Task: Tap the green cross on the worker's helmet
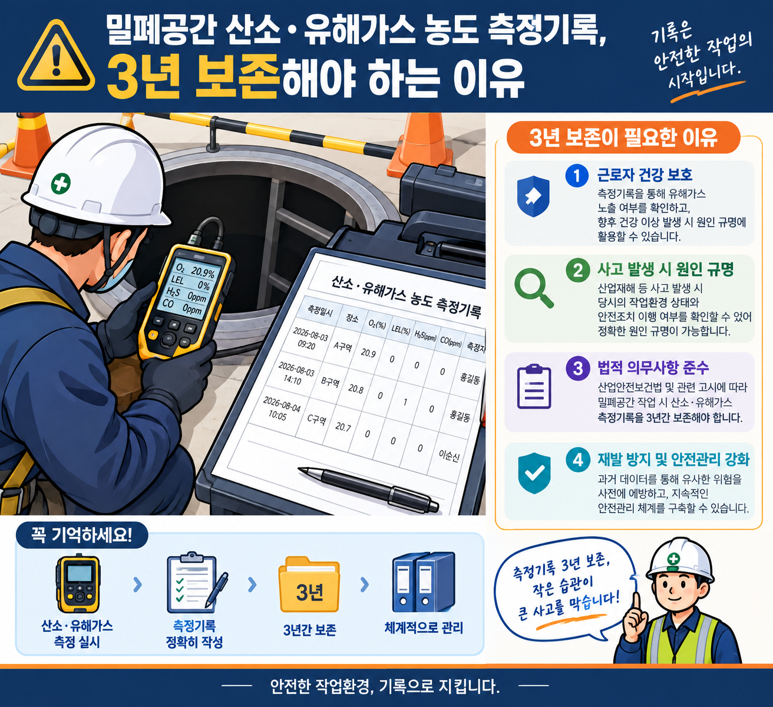pos(61,183)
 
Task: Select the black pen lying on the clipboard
pos(368,488)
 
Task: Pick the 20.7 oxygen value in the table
pos(343,426)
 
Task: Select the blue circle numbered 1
pos(576,176)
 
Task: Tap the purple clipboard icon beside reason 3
pos(534,386)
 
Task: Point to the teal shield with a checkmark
pos(534,473)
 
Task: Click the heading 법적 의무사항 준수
pos(653,367)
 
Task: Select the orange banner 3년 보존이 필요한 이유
pos(623,137)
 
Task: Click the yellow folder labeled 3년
pos(309,585)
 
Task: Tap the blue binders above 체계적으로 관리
pos(424,583)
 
